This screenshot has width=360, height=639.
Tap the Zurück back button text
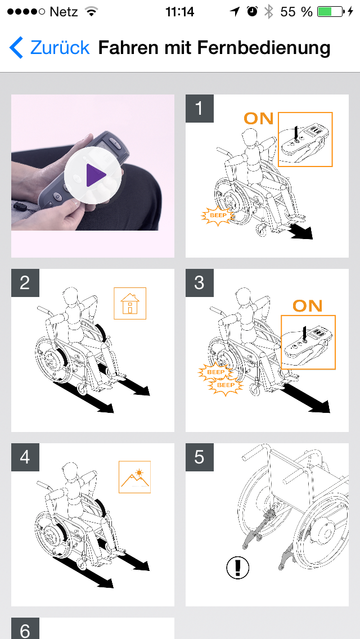tap(60, 48)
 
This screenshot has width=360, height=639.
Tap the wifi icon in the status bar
tap(92, 12)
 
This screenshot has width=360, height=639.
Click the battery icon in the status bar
tap(330, 12)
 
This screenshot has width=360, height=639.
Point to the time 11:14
tap(180, 12)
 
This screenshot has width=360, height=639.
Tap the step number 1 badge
tap(199, 109)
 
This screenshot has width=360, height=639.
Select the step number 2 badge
tap(25, 283)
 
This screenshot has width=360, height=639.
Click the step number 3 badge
tap(199, 283)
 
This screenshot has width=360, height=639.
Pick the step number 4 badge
tap(25, 457)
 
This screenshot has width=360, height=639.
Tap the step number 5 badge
tap(199, 457)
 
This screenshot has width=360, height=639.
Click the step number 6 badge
tap(25, 628)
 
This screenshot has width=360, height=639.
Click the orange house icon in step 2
tap(130, 304)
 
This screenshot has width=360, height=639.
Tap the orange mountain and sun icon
tap(134, 477)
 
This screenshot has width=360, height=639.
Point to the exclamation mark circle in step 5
tap(238, 567)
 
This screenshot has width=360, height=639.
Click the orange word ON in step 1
tap(259, 118)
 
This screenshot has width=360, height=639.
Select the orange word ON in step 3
tap(308, 305)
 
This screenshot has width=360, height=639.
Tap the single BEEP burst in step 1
tap(218, 215)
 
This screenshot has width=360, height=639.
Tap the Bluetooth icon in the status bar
tap(268, 12)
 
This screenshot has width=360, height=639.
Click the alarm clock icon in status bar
tap(253, 12)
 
